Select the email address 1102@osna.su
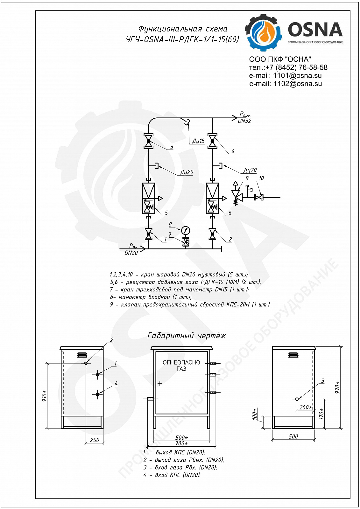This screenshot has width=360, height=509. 298,84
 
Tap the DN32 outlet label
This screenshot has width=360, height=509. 244,121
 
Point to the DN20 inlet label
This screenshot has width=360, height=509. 131,253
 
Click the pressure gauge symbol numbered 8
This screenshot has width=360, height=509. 186,230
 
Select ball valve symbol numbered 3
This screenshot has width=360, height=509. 149,141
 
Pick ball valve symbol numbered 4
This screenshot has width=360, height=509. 212,141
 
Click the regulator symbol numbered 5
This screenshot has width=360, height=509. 149,199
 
